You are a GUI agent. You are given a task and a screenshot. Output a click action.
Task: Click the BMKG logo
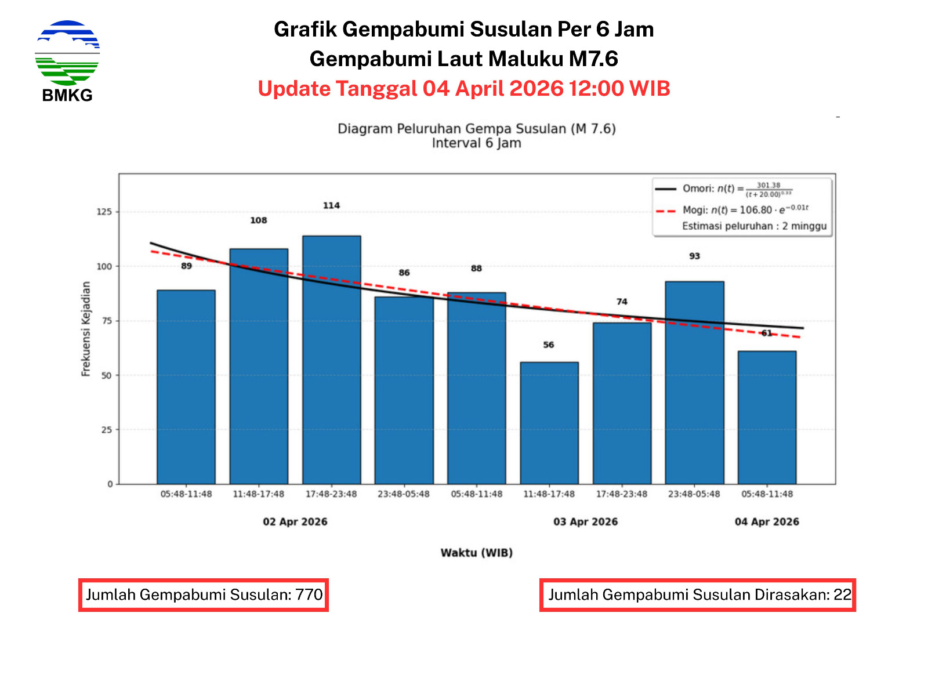67,61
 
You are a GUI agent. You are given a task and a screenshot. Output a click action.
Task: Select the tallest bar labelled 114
331,360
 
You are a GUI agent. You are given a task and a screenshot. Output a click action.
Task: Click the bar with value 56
549,423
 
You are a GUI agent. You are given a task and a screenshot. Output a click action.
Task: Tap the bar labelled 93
694,383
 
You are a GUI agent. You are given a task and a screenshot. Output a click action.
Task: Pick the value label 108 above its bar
259,220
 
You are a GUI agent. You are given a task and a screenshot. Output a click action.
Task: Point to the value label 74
622,302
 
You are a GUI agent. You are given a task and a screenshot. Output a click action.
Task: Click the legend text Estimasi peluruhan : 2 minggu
754,226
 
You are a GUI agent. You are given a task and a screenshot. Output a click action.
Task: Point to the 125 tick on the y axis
104,212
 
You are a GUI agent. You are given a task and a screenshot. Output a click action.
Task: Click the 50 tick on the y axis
106,375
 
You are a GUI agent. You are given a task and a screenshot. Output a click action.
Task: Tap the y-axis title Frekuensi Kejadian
86,329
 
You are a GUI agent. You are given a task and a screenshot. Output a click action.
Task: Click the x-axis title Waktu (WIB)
476,553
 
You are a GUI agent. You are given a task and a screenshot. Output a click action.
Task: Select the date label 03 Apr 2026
585,521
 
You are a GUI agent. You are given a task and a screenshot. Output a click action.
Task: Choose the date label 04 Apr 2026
767,521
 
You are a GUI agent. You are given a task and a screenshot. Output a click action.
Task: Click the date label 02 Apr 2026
295,521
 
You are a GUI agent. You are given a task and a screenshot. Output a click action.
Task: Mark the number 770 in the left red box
309,594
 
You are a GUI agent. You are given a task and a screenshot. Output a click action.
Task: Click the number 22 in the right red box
842,594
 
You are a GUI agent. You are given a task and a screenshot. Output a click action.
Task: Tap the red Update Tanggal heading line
464,89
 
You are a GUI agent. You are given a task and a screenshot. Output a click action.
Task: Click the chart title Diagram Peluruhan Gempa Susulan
476,129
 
